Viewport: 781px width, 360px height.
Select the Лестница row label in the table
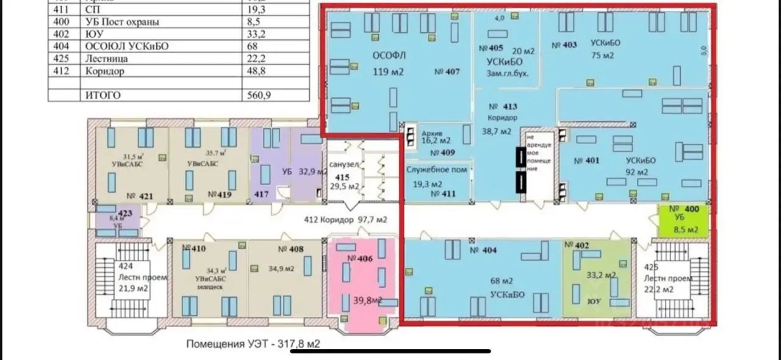coord(105,59)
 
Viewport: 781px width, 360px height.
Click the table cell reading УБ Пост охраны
coord(123,22)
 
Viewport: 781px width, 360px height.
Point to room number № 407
coord(447,71)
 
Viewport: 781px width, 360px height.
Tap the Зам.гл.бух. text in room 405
coord(506,73)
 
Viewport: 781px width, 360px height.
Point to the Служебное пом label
coord(437,170)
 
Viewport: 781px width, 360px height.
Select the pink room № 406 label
coord(359,258)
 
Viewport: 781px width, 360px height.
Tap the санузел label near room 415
coord(344,165)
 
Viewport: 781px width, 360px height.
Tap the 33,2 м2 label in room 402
coord(596,275)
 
